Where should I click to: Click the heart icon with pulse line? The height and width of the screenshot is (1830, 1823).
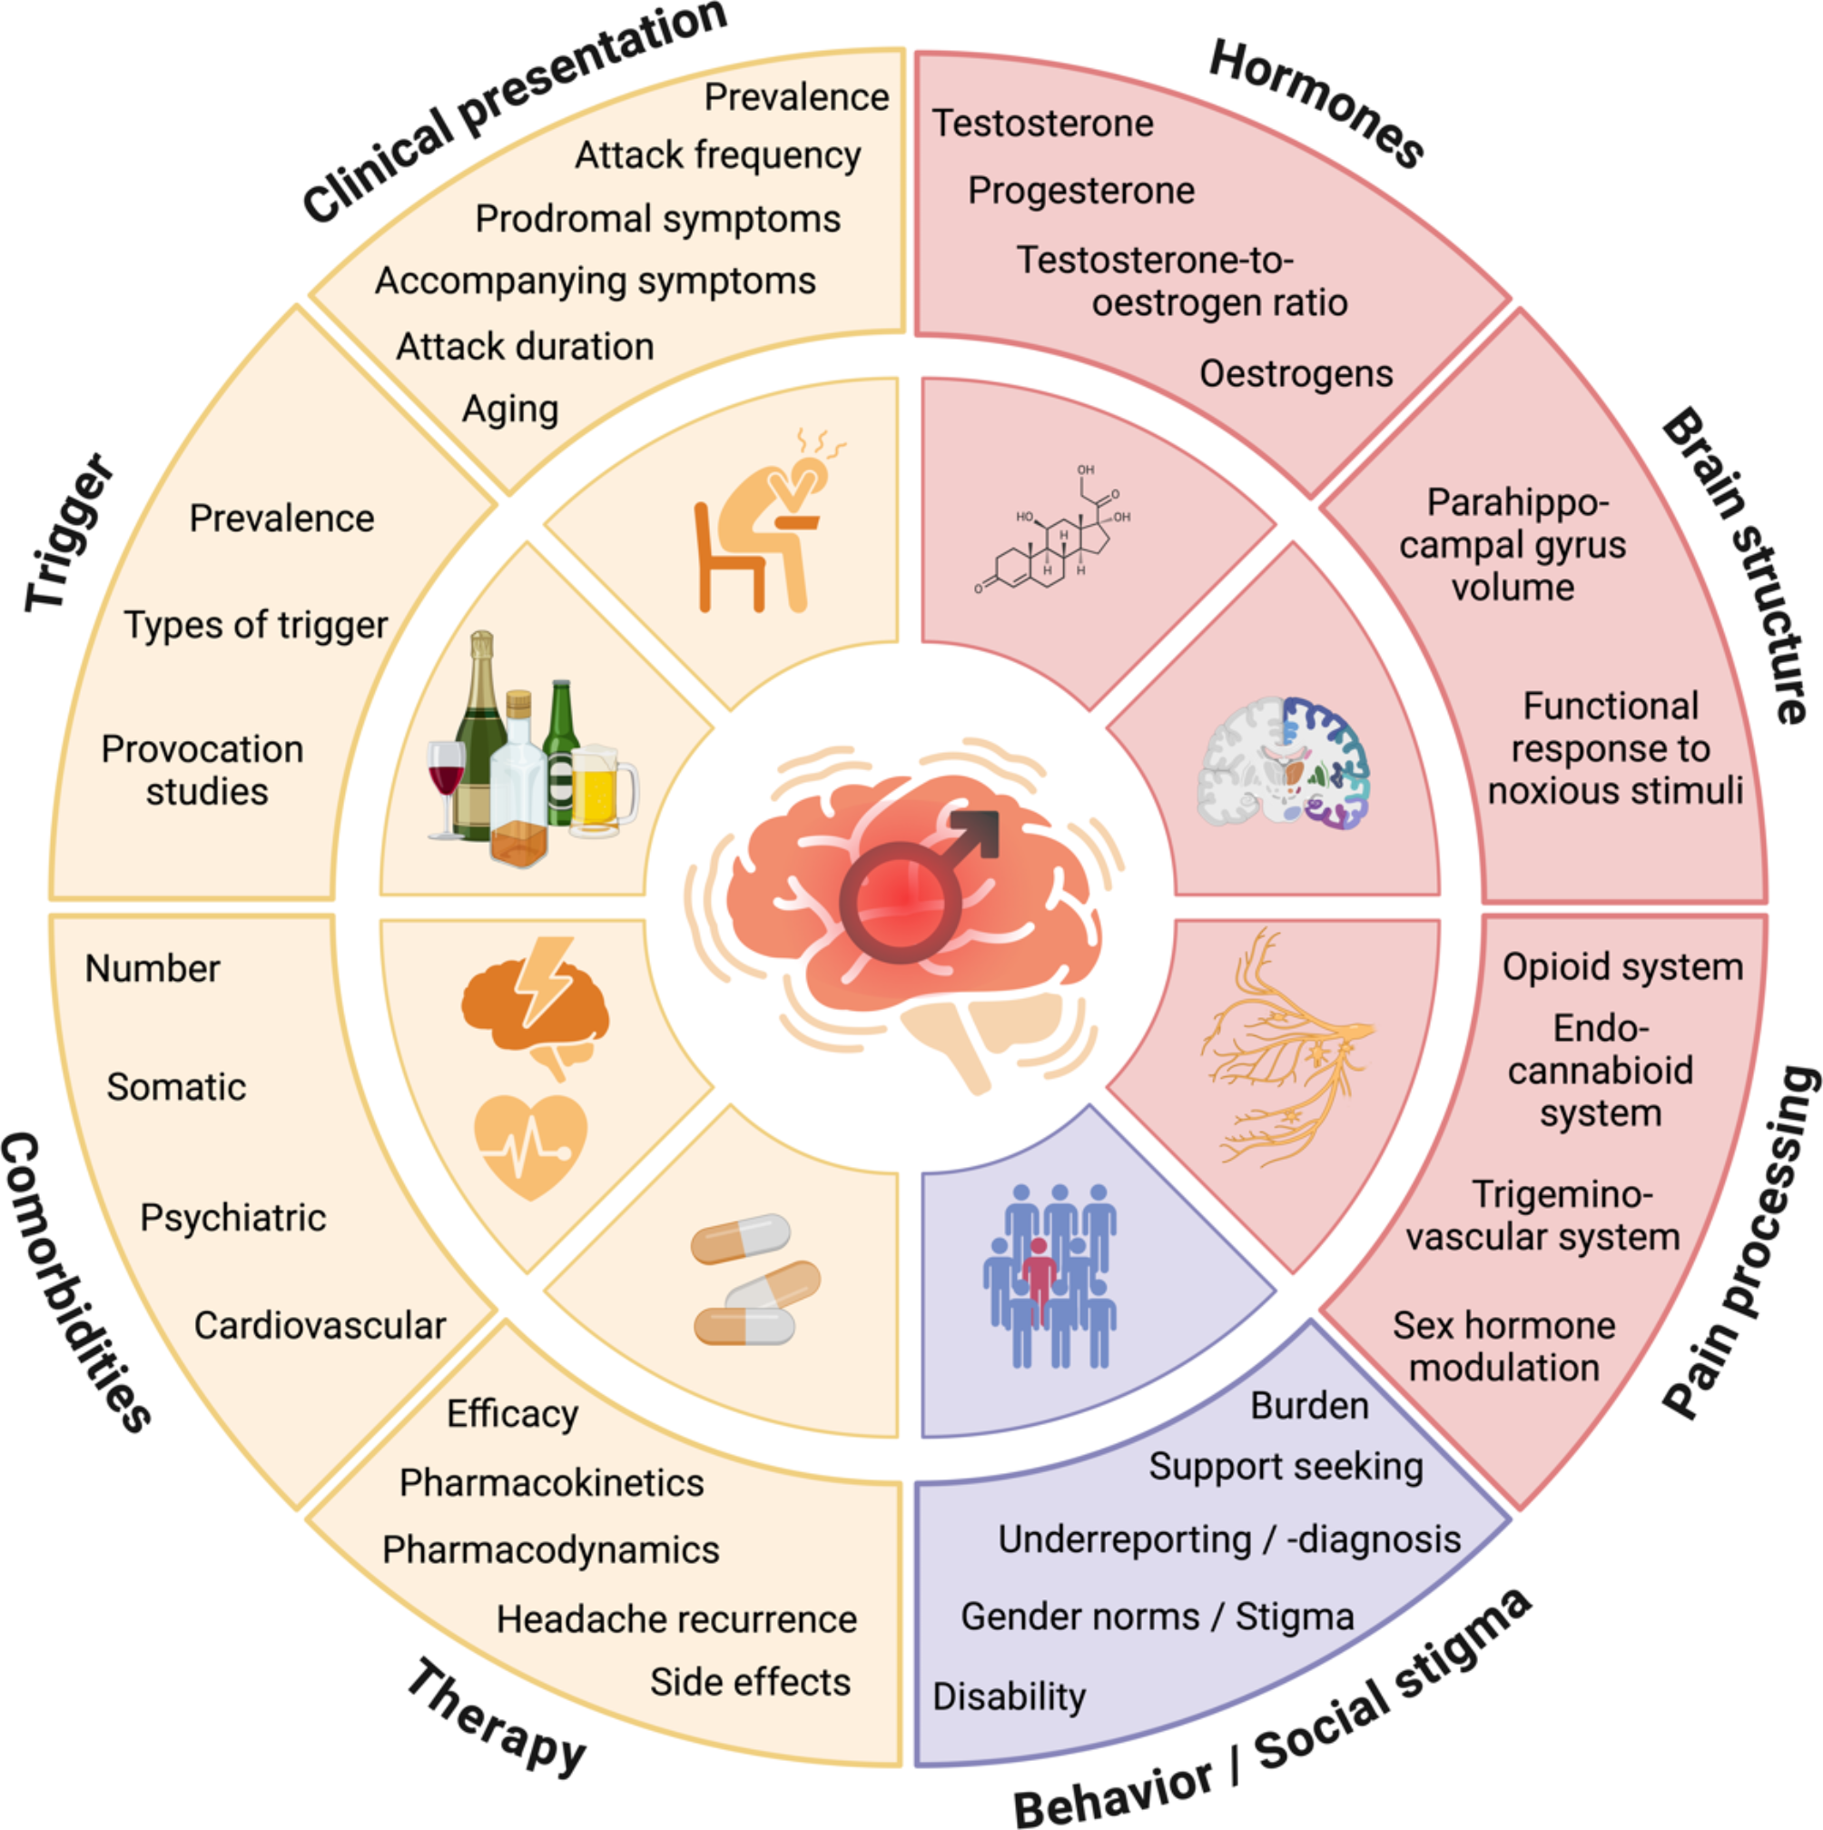pyautogui.click(x=530, y=1146)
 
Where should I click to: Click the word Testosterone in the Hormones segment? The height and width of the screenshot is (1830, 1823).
pyautogui.click(x=1042, y=124)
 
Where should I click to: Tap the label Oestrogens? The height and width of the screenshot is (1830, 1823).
pyautogui.click(x=1296, y=374)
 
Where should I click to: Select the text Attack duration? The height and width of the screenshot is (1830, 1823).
pyautogui.click(x=525, y=347)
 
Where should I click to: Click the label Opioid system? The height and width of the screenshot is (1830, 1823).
pyautogui.click(x=1622, y=966)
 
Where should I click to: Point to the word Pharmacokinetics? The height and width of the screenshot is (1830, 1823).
pyautogui.click(x=551, y=1482)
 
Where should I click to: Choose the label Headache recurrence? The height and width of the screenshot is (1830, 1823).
pyautogui.click(x=676, y=1618)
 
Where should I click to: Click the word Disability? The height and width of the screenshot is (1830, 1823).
pyautogui.click(x=1009, y=1696)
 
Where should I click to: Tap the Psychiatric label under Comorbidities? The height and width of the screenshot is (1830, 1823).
pyautogui.click(x=233, y=1217)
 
